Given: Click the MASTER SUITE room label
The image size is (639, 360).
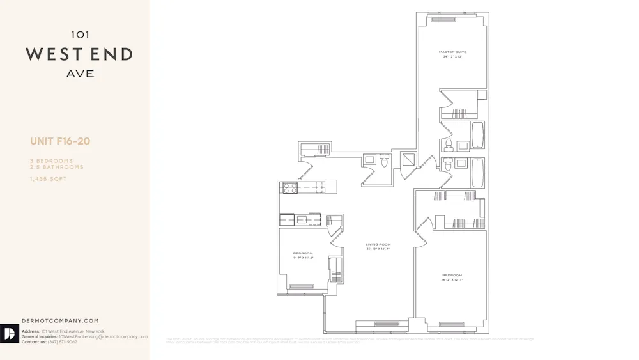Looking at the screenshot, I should [x=452, y=52].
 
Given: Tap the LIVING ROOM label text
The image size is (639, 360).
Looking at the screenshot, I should [x=378, y=244].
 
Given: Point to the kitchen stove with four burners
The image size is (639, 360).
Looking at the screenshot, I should [x=290, y=187].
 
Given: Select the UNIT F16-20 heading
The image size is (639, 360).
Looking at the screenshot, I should [x=60, y=141].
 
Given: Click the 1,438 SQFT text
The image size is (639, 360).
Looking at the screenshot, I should [x=48, y=179].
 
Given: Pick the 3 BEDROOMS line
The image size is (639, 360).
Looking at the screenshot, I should [x=51, y=161].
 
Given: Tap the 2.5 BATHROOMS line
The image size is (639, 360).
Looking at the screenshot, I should [x=56, y=167].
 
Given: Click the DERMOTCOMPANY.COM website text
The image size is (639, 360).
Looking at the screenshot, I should [x=60, y=321].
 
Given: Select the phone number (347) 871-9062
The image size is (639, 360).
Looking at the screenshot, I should [x=63, y=342].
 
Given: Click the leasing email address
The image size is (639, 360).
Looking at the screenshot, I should [x=103, y=336].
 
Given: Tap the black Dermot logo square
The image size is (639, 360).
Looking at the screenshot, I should [x=9, y=334].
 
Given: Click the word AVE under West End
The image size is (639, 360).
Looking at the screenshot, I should [x=80, y=74].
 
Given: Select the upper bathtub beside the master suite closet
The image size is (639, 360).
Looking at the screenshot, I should [x=477, y=135].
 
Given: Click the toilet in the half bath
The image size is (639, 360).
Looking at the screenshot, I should [x=384, y=161].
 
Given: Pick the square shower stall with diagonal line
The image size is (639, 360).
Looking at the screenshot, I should [x=408, y=160].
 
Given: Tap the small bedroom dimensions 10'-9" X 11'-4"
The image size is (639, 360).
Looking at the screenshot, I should [x=304, y=258].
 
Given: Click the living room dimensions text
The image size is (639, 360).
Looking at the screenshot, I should [x=378, y=249].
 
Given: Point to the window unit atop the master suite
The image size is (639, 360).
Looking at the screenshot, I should [x=443, y=19].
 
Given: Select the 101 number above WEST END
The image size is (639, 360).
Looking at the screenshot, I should [x=80, y=35].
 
